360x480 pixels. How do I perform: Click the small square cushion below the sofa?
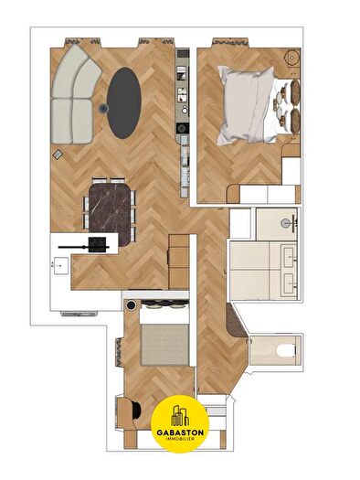pos(58,154)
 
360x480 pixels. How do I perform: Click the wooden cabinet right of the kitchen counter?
pos(179,261)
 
